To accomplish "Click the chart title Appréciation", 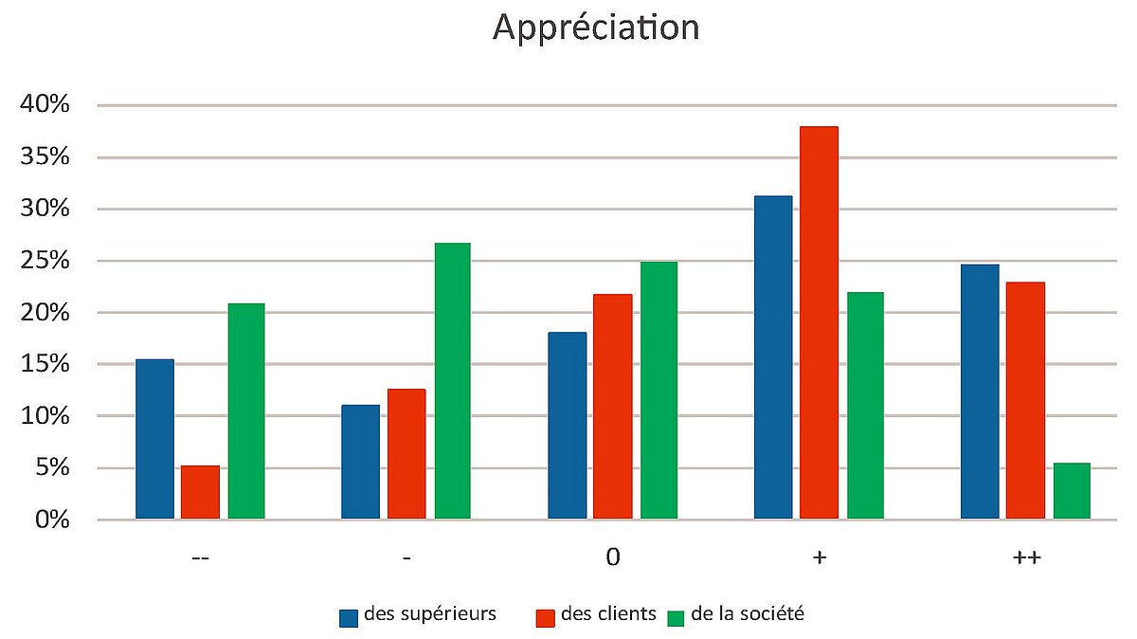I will pos(596,27).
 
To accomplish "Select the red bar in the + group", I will pos(819,322).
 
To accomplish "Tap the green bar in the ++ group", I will pos(1072,491).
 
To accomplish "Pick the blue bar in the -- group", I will pos(154,439).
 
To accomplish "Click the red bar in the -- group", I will pos(200,492).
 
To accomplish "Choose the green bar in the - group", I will pos(452,381).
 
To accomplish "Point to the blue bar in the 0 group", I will pos(568,426).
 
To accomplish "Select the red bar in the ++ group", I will pos(1025,400).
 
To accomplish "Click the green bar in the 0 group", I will pos(659,391).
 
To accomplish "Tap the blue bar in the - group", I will pos(360,462).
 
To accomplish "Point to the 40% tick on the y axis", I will pos(46,105).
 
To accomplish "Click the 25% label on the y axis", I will pos(46,261).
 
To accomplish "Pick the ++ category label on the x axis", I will pos(1026,558).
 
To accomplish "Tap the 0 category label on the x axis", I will pos(613,557).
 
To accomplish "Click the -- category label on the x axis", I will pos(200,558).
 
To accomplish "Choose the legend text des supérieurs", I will pos(430,613).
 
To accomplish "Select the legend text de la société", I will pos(748,613).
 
